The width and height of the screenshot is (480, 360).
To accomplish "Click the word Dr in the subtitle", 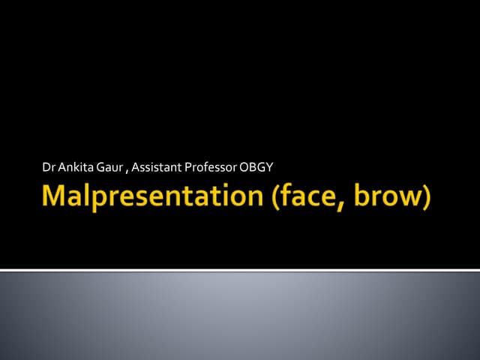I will coord(49,166).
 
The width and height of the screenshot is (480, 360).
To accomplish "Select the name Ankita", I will coord(73,166).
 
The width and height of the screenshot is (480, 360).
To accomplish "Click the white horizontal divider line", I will coord(240,269).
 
